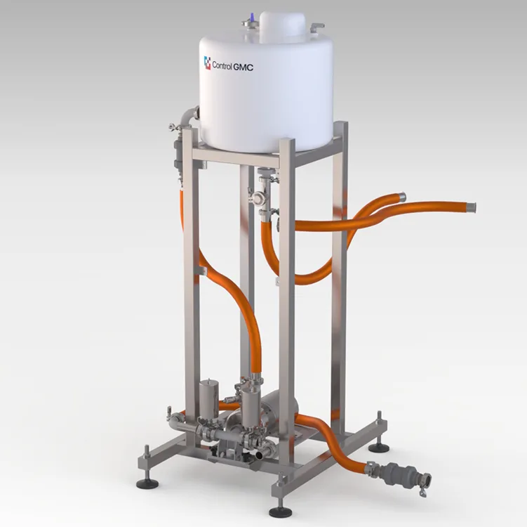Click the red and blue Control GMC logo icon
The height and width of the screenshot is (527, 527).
208,63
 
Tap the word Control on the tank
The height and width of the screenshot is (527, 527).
222,65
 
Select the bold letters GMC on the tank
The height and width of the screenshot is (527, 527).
244,67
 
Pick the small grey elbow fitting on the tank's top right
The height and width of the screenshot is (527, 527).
316,27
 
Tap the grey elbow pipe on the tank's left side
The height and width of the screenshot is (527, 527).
189,116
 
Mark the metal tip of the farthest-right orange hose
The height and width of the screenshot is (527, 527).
471,207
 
